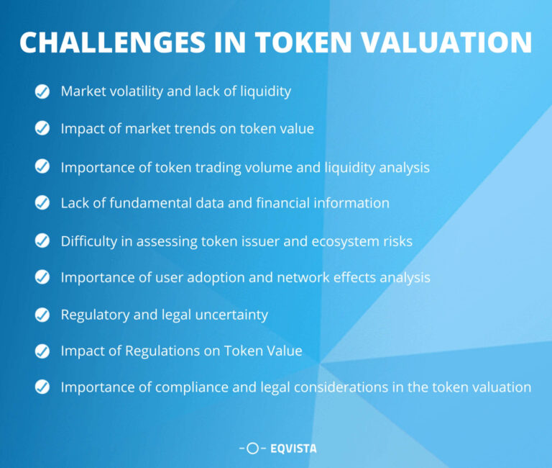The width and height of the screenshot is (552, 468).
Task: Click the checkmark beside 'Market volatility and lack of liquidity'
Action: click(42, 91)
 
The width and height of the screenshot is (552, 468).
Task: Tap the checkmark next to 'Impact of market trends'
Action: click(42, 129)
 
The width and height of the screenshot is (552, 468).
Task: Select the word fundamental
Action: click(143, 203)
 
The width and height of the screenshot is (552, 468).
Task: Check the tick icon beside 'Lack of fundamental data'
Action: click(42, 203)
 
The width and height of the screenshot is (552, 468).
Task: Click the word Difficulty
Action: click(89, 241)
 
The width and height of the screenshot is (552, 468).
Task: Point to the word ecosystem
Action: click(341, 241)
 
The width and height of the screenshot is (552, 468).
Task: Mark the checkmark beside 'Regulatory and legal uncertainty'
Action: click(42, 315)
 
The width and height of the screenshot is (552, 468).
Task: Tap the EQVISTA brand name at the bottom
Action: click(293, 449)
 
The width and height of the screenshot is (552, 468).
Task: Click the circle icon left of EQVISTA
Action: click(252, 449)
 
